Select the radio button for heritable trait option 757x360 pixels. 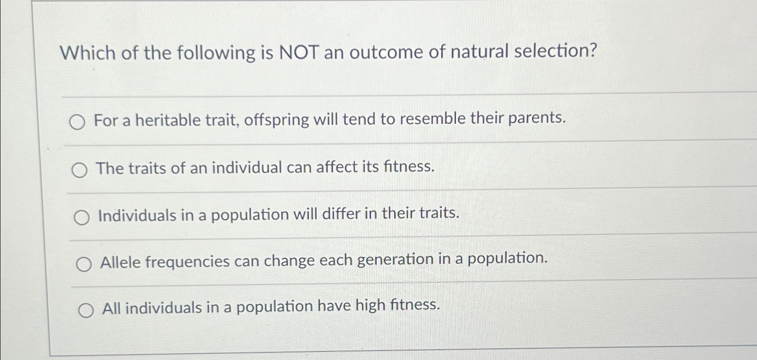77,122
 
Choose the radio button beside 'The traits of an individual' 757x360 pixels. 80,170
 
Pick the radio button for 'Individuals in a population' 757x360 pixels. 81,218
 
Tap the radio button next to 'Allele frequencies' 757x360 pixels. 84,265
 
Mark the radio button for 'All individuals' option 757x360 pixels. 85,310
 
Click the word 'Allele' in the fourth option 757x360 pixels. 121,262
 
